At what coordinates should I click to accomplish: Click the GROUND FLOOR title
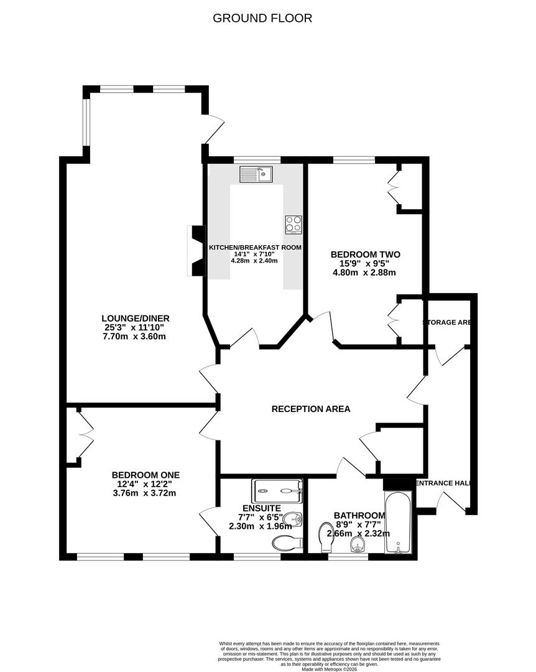[262, 18]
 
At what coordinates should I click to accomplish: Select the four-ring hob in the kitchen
[293, 223]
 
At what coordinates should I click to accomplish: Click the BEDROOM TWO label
[365, 254]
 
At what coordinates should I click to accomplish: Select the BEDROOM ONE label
[146, 475]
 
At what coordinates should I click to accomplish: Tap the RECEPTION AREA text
[311, 409]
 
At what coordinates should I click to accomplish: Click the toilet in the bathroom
[325, 537]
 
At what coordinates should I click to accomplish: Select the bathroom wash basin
[356, 546]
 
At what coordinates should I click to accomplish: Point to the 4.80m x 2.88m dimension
[365, 273]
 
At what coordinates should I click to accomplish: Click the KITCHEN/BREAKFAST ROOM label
[255, 247]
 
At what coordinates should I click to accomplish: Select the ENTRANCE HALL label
[442, 483]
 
